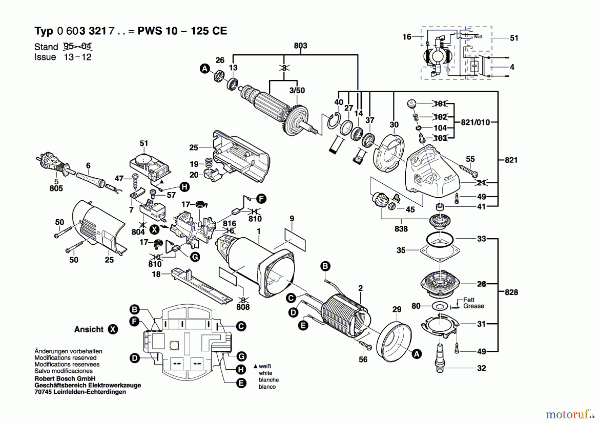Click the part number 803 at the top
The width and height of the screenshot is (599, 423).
coord(300,46)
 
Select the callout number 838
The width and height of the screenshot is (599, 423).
coord(401,229)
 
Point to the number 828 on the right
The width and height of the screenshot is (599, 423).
coord(511,292)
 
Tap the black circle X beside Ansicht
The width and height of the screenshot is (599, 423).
coord(113,329)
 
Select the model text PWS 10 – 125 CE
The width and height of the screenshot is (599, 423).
coord(182,31)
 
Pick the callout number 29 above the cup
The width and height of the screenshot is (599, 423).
coord(397,309)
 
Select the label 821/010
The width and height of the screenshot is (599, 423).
coord(475,122)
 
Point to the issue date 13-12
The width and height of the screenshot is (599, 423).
coord(78,57)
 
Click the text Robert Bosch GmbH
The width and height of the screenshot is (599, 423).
coord(65,379)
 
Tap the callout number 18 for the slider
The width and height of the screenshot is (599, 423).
coord(156,274)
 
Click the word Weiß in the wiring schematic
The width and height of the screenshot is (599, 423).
coord(478,37)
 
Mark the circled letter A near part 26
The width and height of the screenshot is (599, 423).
coord(205,69)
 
